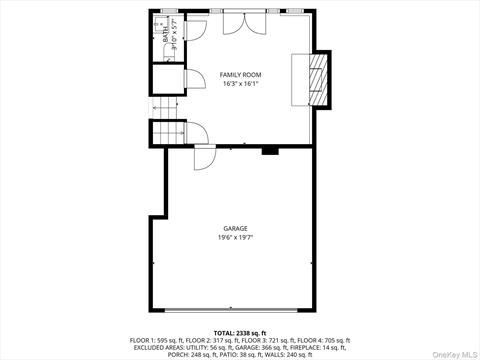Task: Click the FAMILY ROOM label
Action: [x=240, y=75]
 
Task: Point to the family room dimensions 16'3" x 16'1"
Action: [x=240, y=84]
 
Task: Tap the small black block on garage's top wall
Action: [x=269, y=152]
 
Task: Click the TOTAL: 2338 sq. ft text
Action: [x=239, y=331]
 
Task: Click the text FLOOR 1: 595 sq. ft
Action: [x=159, y=339]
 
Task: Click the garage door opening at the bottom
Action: [x=237, y=306]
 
